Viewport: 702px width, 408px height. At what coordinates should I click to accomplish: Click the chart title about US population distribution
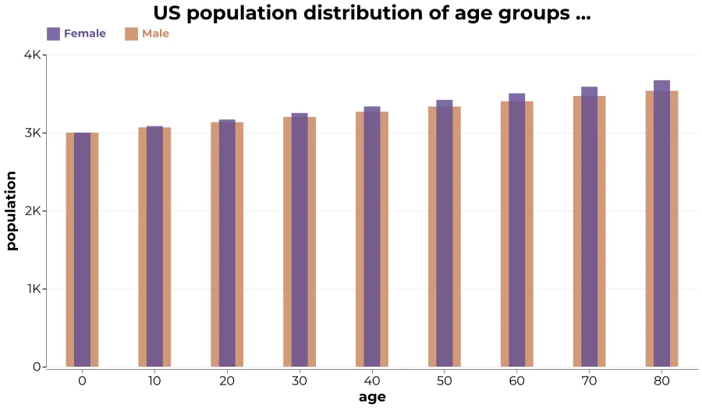372,13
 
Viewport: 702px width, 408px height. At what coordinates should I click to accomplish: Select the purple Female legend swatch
53,34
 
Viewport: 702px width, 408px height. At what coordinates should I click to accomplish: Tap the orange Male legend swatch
131,34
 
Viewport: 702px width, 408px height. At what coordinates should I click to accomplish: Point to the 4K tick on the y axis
32,55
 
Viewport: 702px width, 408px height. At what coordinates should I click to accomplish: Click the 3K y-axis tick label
33,133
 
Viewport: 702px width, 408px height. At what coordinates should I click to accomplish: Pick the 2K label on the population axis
33,211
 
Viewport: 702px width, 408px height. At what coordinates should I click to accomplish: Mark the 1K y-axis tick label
34,289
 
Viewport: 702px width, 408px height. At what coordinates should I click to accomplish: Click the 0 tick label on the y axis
37,367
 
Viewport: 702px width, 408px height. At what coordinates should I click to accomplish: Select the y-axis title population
11,211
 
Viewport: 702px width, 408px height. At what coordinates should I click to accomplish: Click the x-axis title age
372,397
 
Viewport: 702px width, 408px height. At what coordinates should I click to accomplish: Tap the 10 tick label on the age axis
154,381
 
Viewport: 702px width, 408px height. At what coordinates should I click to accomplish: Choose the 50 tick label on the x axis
444,381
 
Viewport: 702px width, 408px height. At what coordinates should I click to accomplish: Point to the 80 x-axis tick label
661,381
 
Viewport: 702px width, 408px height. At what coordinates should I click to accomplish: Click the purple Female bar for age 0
83,250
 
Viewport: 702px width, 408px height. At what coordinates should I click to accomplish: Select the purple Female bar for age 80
661,223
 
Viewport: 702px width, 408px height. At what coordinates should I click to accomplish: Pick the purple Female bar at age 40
372,236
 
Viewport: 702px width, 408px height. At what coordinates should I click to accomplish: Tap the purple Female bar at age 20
227,243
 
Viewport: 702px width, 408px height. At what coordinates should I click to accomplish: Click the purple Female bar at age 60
516,230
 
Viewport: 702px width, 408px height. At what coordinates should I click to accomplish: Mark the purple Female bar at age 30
300,240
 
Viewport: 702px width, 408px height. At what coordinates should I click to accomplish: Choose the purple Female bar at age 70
589,227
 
